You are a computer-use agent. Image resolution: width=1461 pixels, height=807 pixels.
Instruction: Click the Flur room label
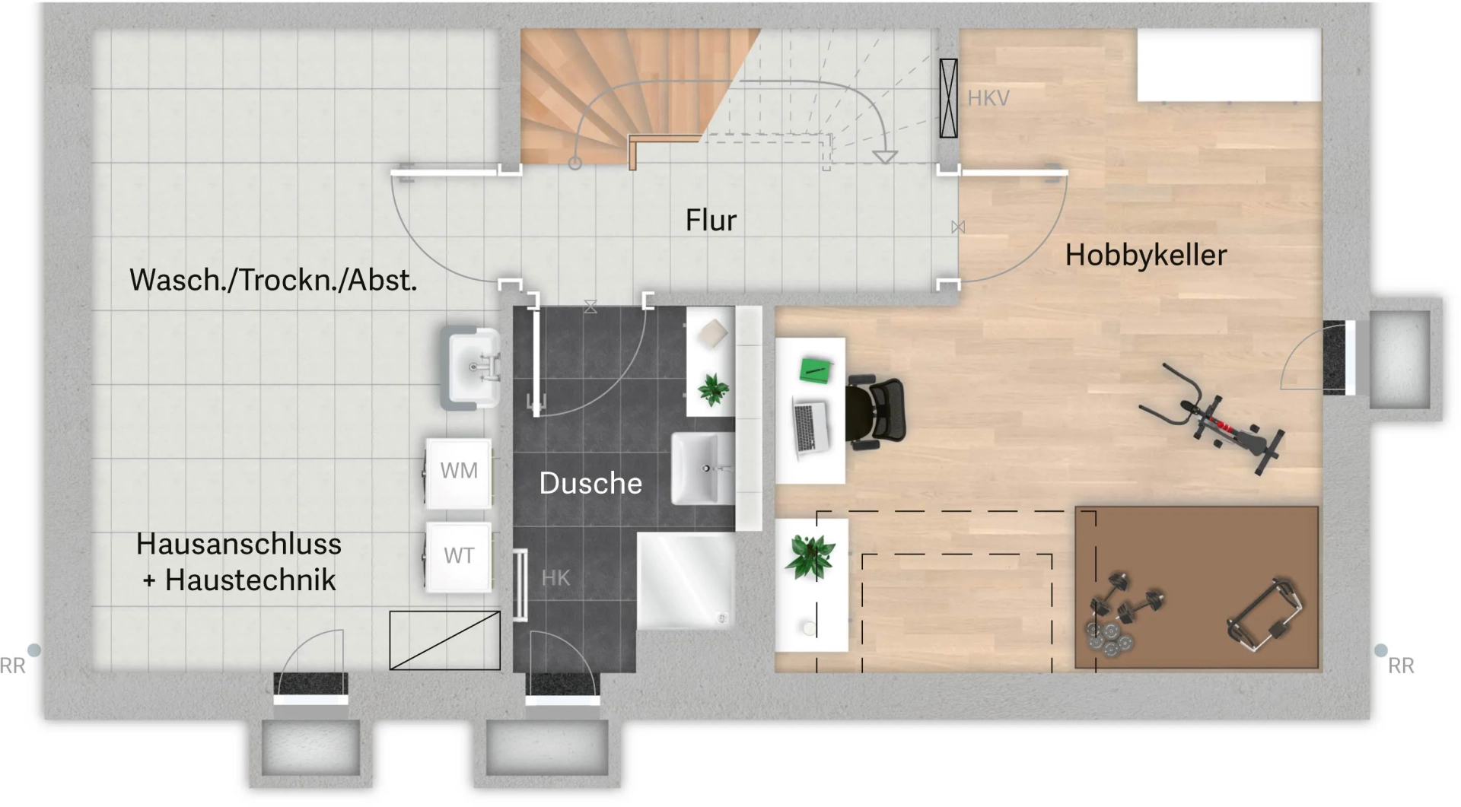pyautogui.click(x=711, y=221)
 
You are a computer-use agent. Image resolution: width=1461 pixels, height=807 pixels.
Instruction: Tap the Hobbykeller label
pyautogui.click(x=1145, y=256)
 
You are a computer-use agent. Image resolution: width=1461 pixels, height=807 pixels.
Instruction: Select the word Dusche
pyautogui.click(x=590, y=484)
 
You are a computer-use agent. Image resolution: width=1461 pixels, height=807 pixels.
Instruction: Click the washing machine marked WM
pyautogui.click(x=458, y=472)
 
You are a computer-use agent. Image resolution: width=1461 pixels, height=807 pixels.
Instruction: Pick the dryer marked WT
pyautogui.click(x=458, y=556)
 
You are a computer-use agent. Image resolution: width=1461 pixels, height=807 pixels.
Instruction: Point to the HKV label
pyautogui.click(x=988, y=98)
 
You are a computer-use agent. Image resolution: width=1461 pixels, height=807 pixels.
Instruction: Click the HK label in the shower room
pyautogui.click(x=555, y=578)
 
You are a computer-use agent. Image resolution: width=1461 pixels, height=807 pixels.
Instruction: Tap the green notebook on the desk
pyautogui.click(x=815, y=370)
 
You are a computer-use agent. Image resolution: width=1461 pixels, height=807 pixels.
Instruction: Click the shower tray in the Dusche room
pyautogui.click(x=685, y=580)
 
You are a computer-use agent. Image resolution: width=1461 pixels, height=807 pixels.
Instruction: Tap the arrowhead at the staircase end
pyautogui.click(x=884, y=157)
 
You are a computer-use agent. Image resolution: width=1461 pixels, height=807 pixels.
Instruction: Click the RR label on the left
pyautogui.click(x=13, y=666)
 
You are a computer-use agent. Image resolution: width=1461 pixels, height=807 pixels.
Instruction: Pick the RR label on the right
pyautogui.click(x=1401, y=666)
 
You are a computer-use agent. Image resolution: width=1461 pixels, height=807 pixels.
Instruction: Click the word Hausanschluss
pyautogui.click(x=238, y=545)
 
